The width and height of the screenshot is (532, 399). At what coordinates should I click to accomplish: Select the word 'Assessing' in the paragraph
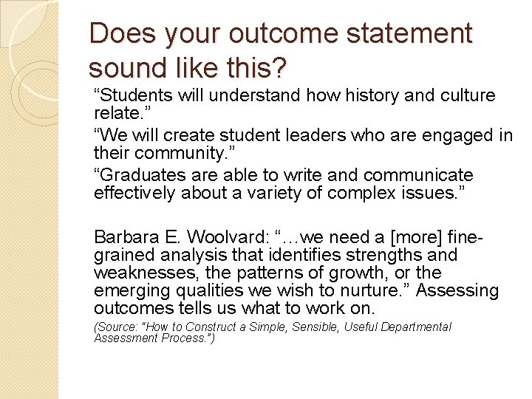coord(462,290)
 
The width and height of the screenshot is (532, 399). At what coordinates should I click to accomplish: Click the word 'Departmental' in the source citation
coord(415,327)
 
